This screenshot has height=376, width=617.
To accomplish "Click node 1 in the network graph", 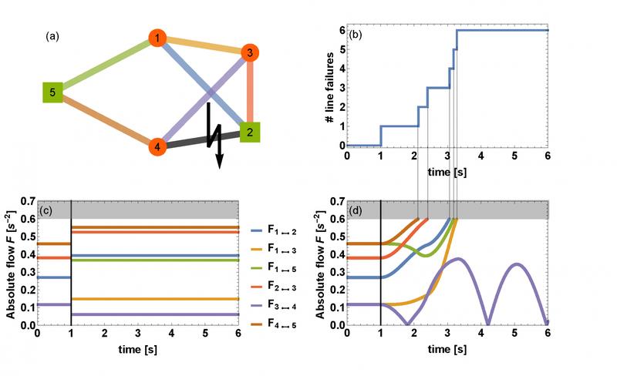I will tap(157, 38).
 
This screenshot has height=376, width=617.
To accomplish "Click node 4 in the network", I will tap(157, 146).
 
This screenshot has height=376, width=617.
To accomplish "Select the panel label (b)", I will tap(356, 35).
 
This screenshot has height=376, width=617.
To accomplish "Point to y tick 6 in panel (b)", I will tap(339, 30).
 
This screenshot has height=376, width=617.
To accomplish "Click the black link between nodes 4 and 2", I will tap(204, 139).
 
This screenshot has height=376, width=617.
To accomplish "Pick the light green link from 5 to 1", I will tap(105, 66).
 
